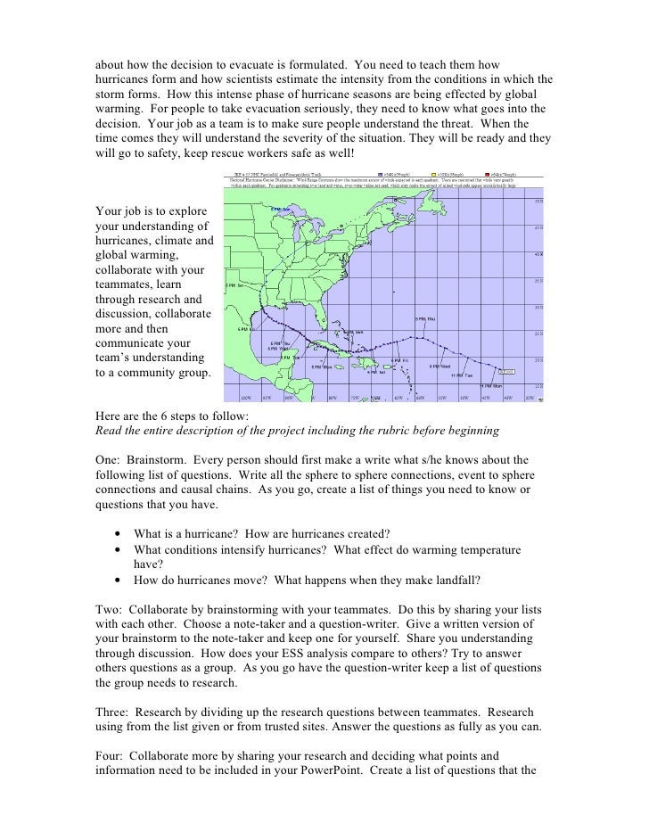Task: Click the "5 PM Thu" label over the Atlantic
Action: point(424,318)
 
